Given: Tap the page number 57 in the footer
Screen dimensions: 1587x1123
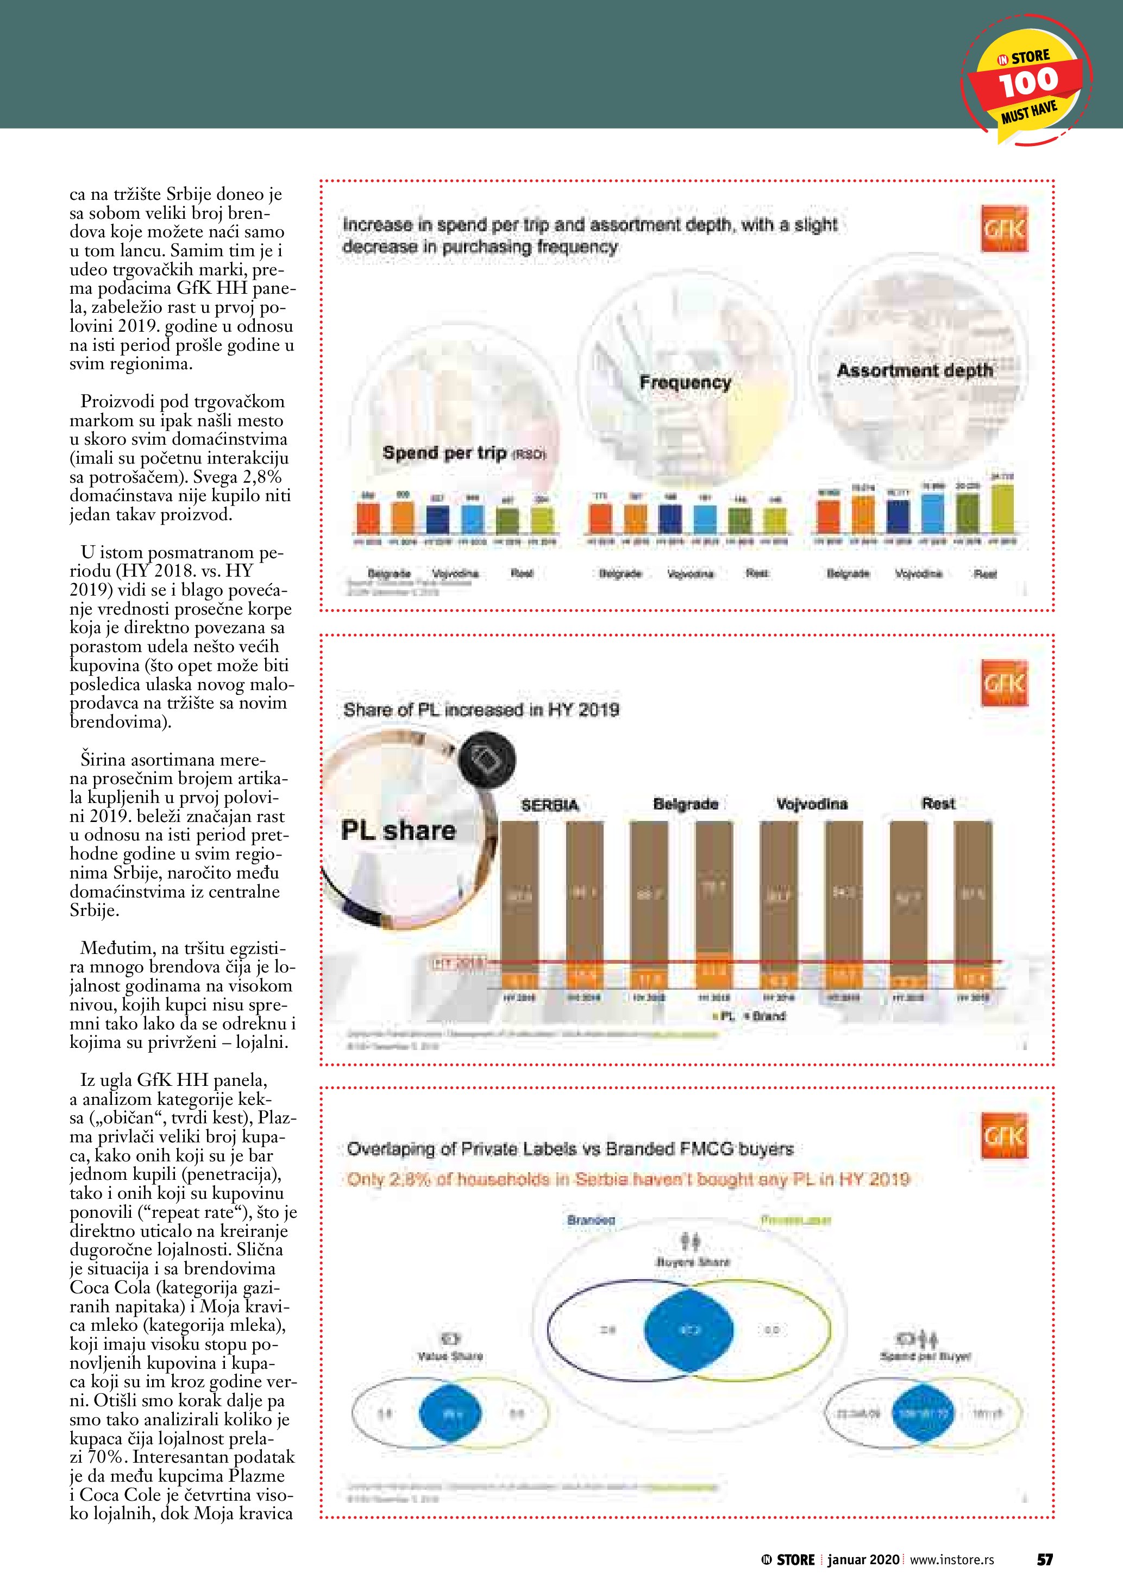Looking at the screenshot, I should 1044,1559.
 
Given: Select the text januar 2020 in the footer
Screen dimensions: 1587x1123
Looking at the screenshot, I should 863,1559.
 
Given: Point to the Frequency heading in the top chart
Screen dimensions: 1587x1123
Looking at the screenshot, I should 685,382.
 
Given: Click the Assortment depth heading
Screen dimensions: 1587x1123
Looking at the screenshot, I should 914,370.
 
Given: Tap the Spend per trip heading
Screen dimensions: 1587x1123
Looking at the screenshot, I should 444,453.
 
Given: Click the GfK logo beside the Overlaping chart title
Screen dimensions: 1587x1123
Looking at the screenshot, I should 1004,1136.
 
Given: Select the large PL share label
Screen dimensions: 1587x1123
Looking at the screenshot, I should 398,830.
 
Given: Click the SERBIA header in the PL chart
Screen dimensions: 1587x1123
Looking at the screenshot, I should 550,805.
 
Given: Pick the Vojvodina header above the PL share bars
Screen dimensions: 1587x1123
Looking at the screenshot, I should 812,804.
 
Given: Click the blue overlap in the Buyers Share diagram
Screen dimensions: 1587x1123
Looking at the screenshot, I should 689,1329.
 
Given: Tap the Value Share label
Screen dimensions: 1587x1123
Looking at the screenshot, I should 450,1356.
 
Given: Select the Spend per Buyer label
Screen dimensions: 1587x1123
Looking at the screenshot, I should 925,1356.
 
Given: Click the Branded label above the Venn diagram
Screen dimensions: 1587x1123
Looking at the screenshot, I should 591,1220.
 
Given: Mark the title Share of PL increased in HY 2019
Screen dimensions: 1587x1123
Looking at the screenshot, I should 481,710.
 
